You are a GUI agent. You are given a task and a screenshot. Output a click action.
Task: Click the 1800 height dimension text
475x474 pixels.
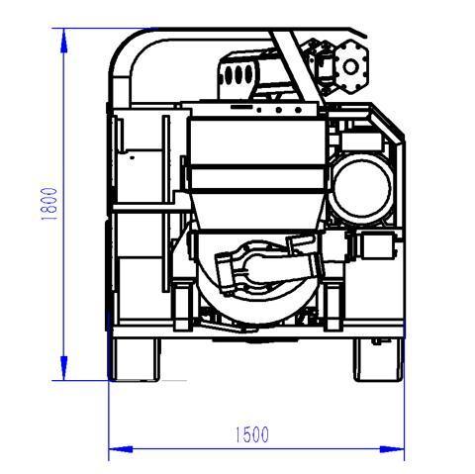coord(49,204)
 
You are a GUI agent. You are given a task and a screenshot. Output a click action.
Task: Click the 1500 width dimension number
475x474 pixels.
coord(252,434)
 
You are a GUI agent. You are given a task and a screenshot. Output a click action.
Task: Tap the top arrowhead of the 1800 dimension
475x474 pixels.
coord(64,41)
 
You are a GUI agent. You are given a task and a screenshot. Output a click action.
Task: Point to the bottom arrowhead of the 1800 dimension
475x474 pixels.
coord(64,368)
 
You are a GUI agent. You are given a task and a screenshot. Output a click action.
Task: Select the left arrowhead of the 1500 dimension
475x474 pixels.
coord(121,449)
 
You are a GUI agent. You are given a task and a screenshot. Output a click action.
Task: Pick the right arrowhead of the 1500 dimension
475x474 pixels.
coord(392,449)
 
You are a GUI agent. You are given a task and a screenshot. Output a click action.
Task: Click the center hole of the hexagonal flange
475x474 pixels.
coord(350,66)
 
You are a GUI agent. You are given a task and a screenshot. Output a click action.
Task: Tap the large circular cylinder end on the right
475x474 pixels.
coord(362,189)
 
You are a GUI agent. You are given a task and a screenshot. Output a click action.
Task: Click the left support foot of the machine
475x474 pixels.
coord(135,359)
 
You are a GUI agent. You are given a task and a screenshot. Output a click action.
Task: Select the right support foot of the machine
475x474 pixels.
coord(378,359)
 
